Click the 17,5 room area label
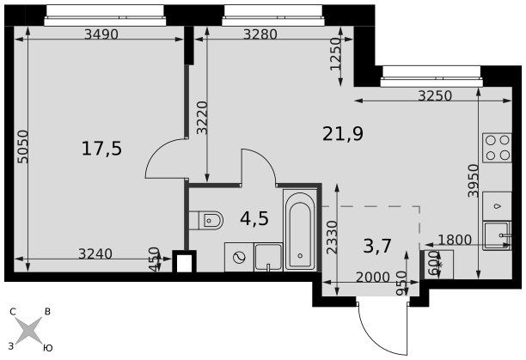[101, 149]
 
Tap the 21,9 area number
[343, 134]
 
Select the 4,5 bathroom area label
[254, 218]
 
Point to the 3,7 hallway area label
[377, 246]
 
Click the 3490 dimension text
[101, 34]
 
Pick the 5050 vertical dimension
[23, 147]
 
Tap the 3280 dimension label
[260, 34]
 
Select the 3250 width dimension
[435, 96]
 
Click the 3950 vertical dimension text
[474, 180]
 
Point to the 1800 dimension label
[455, 240]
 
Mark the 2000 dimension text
[373, 278]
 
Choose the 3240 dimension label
[95, 253]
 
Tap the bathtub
[300, 230]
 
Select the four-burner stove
[497, 148]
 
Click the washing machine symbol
[239, 257]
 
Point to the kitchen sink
[497, 235]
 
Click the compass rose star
[28, 330]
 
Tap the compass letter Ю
[48, 348]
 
